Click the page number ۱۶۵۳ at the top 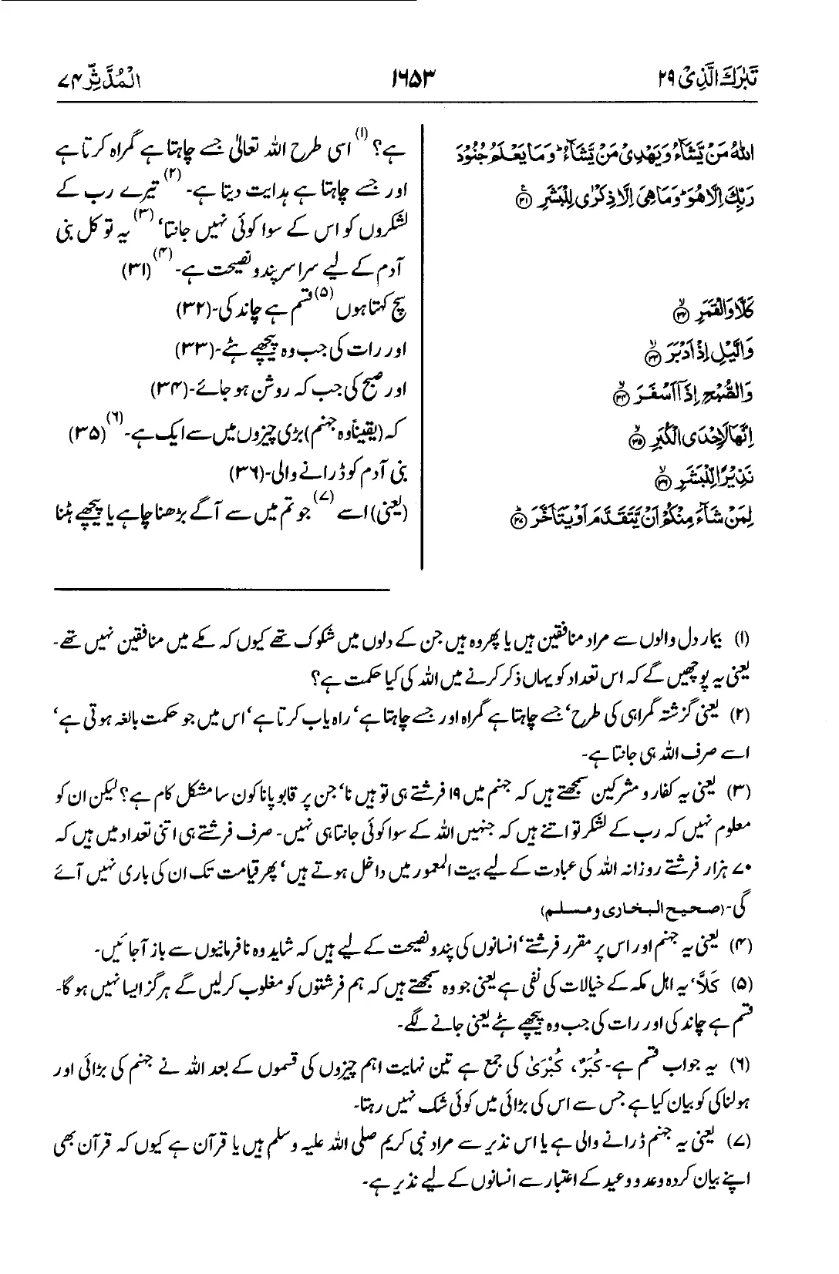coord(418,78)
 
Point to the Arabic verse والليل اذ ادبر coord(725,355)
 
